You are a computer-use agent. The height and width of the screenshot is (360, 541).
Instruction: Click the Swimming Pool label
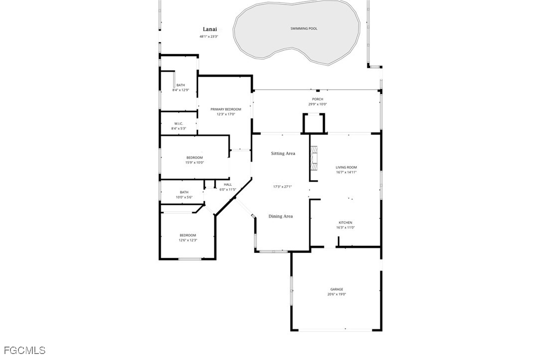point(303,28)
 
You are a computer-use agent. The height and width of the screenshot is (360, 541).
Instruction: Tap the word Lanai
point(210,29)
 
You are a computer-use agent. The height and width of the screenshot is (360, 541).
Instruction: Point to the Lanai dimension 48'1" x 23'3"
point(209,36)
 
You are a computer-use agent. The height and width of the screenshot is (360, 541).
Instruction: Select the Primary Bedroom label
point(226,110)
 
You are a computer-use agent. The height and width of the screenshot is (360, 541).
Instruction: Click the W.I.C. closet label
point(179,123)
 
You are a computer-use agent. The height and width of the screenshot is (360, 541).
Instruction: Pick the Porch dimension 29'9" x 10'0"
point(317,104)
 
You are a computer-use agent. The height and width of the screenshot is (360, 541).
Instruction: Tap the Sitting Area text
point(283,153)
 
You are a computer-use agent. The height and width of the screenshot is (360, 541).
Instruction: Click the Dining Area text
point(281,216)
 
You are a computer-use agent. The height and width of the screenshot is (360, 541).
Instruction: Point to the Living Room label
point(346,167)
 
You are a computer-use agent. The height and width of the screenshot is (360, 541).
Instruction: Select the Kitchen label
point(345,223)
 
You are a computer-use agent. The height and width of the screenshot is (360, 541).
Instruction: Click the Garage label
point(337,289)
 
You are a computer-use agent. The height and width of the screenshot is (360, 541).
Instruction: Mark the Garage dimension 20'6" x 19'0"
point(337,294)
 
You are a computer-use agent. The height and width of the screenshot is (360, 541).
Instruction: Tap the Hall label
point(228,185)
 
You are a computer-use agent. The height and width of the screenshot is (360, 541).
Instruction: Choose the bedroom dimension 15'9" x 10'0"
point(195,162)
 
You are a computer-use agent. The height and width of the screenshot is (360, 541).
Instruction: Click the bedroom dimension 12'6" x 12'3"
point(188,240)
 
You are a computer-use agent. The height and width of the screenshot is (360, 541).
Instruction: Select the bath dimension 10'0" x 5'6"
point(184,197)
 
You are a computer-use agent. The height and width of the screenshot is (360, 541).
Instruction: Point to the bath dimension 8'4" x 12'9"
point(181,90)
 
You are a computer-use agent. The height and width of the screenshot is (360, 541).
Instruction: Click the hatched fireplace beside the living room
point(314,158)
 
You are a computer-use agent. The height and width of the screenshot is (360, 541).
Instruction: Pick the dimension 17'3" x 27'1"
point(282,187)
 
